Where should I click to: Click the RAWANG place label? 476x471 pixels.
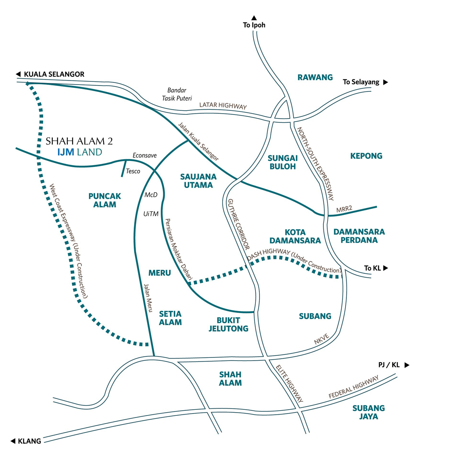pos(315,77)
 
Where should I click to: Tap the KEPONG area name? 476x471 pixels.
pos(366,156)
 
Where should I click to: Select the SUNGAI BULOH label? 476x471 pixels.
pos(282,162)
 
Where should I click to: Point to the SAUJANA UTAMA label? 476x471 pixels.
pos(198,181)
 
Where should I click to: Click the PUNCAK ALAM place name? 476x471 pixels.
pos(104,201)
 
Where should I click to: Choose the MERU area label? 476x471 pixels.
pos(159,273)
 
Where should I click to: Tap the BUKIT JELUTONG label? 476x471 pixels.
pos(228,324)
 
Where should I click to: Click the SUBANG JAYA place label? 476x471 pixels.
pos(369,412)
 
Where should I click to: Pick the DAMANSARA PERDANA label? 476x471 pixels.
pos(359,236)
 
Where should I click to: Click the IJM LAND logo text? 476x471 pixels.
pos(80,152)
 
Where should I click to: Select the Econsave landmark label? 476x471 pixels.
pos(144,155)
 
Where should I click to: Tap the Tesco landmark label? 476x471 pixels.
pos(133,171)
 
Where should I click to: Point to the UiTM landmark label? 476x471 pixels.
pos(151,214)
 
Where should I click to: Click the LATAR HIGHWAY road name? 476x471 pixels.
pos(223,106)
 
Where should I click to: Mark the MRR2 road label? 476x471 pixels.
pos(344,209)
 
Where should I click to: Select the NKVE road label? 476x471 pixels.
pos(321,339)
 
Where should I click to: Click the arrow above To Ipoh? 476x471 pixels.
pos(254,18)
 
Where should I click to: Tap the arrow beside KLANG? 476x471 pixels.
pos(13,441)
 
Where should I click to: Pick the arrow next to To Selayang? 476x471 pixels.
pos(385,82)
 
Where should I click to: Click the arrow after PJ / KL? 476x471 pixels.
pos(407,365)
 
